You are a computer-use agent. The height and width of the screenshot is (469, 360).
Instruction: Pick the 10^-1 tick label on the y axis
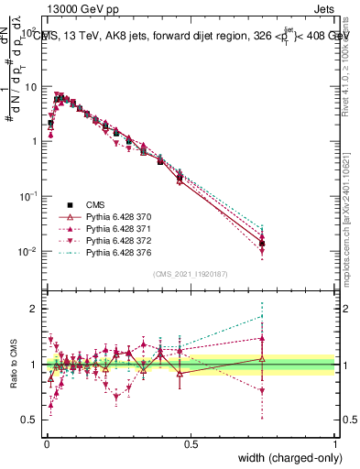pyautogui.click(x=27, y=197)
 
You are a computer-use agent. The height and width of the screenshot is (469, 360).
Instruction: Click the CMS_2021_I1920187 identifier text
pyautogui.click(x=190, y=274)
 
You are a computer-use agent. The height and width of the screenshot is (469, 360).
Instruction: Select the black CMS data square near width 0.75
pyautogui.click(x=262, y=244)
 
